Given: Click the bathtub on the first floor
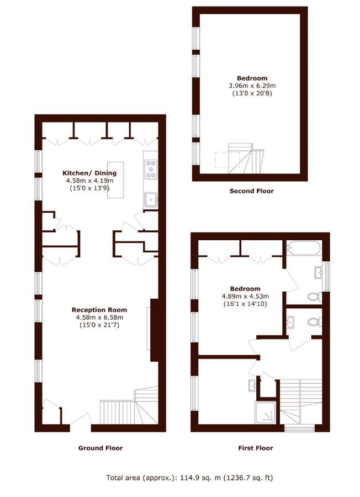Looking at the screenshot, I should coord(303,248).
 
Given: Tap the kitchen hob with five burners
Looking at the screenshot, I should coord(150,169).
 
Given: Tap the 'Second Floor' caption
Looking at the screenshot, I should coord(251,191).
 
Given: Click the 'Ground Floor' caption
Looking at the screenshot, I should coord(100,448).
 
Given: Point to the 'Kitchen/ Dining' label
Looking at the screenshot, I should coord(89,173).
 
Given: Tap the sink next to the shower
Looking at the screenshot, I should coord(253,385).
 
